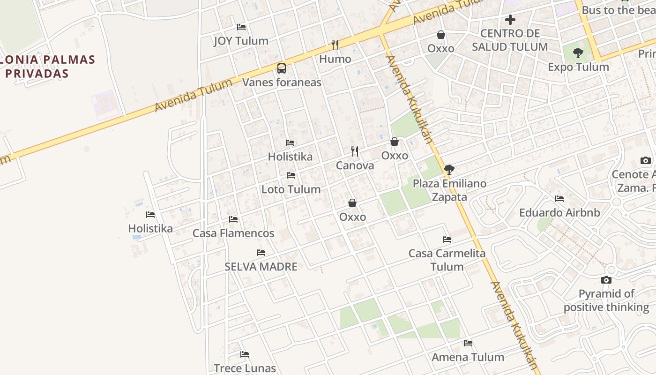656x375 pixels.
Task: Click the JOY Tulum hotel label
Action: (241, 41)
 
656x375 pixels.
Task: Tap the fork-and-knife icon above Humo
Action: (335, 45)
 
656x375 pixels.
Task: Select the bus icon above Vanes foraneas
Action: (282, 68)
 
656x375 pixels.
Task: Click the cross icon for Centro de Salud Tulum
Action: (510, 20)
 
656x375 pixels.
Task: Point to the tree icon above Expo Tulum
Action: (578, 53)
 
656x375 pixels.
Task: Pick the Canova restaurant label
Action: (355, 165)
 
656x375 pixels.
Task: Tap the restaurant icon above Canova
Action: (355, 151)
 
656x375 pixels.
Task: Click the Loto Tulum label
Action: (291, 189)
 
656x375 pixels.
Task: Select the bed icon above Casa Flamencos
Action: (233, 219)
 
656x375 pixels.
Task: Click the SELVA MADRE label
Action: (261, 267)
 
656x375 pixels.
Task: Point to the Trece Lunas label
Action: (245, 368)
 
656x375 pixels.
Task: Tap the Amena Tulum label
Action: (468, 357)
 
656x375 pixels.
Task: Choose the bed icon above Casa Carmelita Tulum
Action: (447, 240)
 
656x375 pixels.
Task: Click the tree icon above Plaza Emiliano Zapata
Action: (449, 169)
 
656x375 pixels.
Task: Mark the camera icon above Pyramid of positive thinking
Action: (606, 280)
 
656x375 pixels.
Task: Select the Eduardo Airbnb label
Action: (559, 213)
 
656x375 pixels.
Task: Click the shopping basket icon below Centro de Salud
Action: (441, 35)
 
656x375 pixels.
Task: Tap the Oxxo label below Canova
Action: (352, 217)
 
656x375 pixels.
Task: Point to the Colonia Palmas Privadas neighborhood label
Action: (48, 67)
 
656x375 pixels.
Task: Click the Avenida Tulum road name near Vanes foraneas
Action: (193, 96)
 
